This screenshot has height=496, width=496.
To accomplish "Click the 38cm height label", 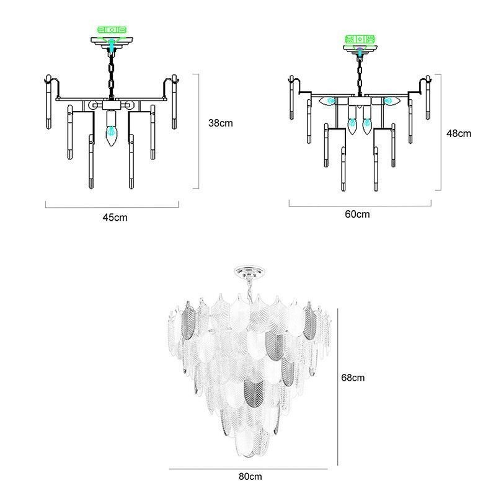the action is point(221,123).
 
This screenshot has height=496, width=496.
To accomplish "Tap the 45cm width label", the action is point(115,218).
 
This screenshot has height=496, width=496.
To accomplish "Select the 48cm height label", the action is point(459,133).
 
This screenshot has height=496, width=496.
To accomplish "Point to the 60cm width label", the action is point(358,214).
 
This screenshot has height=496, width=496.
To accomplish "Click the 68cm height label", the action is point(353,378).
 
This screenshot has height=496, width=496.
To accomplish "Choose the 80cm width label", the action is point(250,476).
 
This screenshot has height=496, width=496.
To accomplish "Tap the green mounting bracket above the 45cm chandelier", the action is point(112,30).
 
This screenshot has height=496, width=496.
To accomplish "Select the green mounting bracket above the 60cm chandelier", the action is point(360,39).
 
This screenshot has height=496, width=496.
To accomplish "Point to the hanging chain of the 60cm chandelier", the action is point(360,76).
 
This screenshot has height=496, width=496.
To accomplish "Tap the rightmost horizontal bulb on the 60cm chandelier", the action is point(392,101).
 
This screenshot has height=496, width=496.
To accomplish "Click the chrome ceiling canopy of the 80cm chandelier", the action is point(250,272).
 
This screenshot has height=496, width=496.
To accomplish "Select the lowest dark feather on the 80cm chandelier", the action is point(254,393).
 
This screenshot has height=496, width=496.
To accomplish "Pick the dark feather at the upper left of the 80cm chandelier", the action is point(189,320).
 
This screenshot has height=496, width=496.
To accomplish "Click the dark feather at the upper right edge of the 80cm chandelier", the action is point(309,321).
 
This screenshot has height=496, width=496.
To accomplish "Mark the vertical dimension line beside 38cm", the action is point(198,131).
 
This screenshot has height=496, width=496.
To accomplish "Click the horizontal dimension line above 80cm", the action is point(248,469).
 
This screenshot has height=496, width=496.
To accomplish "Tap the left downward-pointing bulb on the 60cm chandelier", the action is point(352,125).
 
